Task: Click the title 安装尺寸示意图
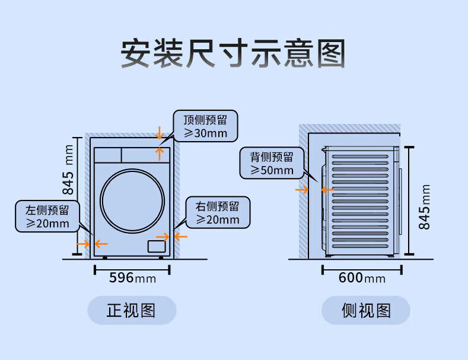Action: click(233, 53)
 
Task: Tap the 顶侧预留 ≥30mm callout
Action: click(205, 126)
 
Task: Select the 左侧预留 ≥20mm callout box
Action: click(47, 216)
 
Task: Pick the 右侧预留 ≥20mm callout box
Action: click(218, 212)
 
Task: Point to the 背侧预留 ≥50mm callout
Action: click(272, 163)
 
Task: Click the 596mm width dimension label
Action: click(132, 278)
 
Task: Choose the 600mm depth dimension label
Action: click(362, 278)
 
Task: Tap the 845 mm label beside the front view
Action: click(68, 170)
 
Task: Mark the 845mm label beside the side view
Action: click(424, 207)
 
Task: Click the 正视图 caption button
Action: click(132, 310)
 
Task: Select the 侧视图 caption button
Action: click(365, 310)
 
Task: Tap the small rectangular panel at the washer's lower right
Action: click(157, 247)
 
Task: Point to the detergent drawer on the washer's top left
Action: click(108, 155)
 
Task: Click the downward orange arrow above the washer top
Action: click(160, 133)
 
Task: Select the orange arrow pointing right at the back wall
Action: click(302, 190)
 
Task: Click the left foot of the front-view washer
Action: click(104, 257)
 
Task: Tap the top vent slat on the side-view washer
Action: click(360, 157)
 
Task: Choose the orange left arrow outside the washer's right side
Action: click(181, 237)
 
